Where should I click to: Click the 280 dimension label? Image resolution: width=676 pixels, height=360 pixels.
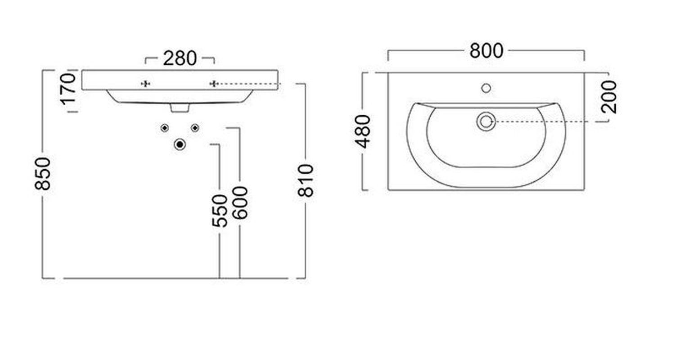coord(180,58)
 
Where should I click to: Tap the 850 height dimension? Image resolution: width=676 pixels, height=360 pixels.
coord(43,174)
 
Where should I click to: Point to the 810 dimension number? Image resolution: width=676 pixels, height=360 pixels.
coord(306,180)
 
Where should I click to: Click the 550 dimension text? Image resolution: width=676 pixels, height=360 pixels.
coord(219,211)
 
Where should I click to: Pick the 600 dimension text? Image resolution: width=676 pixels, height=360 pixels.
coord(240,203)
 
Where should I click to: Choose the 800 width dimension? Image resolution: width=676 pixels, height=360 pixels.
coord(486,51)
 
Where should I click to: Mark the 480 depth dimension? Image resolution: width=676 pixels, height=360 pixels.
coord(363,131)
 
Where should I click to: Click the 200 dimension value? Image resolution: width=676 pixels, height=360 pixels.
coord(608,97)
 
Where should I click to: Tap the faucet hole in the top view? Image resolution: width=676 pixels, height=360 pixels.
coord(486,88)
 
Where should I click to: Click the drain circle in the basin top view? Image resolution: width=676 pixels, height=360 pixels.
coord(486,121)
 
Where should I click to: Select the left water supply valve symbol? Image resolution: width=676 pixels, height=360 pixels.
coord(165,128)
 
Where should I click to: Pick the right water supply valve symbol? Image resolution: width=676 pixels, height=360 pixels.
coord(195,128)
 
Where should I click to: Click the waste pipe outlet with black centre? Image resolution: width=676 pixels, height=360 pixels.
coord(180,145)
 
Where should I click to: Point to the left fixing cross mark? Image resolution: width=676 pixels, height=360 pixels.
coord(146,84)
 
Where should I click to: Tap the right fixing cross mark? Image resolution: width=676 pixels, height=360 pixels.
coord(214,84)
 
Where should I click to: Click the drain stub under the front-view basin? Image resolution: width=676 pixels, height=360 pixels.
coord(180,108)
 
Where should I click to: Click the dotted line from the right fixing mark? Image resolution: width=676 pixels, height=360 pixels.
coord(249,84)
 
